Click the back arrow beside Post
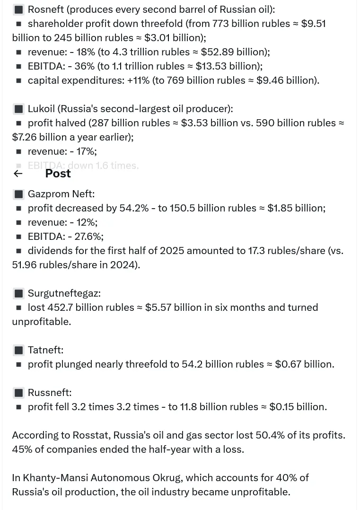click(x=18, y=174)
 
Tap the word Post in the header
click(x=58, y=174)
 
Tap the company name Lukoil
click(x=41, y=109)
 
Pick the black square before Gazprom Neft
click(x=18, y=194)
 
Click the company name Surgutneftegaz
click(x=64, y=293)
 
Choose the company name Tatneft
click(x=45, y=350)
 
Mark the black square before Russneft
click(x=18, y=393)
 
